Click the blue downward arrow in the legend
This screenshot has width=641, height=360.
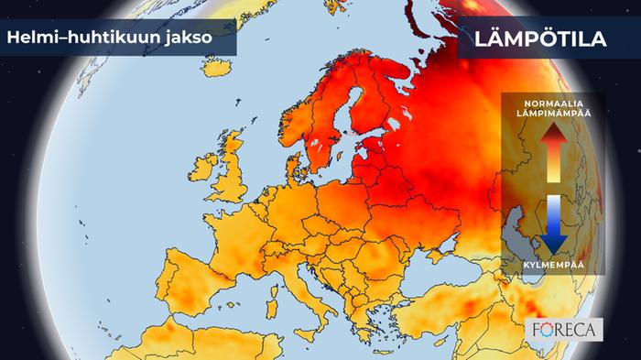[553, 225]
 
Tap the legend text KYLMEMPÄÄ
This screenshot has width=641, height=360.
[552, 263]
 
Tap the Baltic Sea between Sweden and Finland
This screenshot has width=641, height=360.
[344, 128]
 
